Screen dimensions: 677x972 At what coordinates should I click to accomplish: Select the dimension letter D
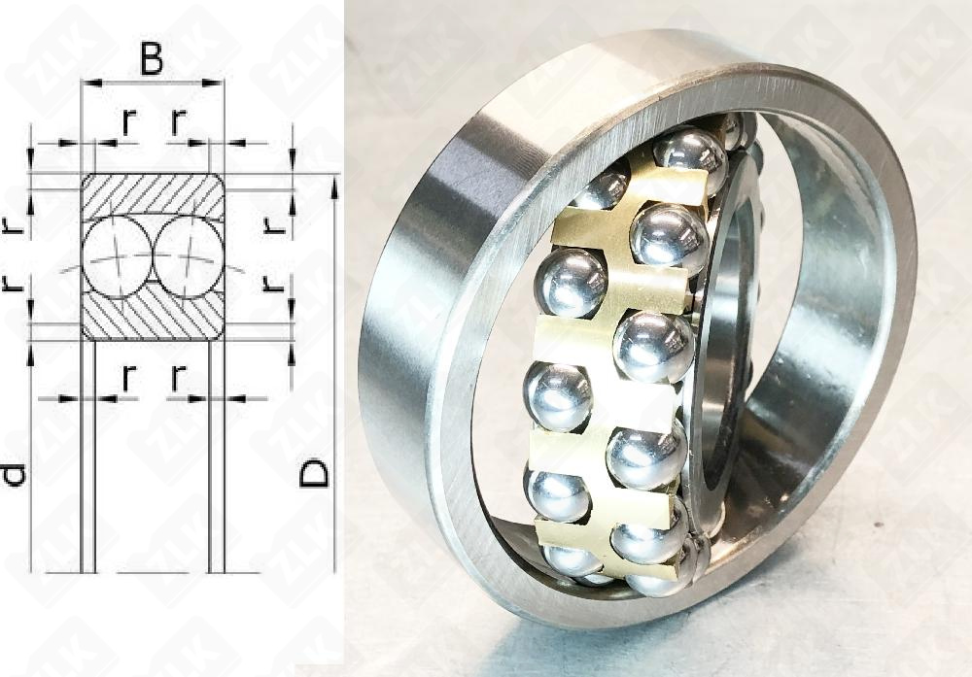point(314,473)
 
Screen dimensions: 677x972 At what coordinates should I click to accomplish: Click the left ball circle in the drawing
point(116,256)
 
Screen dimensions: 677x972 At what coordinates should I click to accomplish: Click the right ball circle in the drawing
point(187,256)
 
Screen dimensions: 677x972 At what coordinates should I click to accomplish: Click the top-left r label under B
point(127,120)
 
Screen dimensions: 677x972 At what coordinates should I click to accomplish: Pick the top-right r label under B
point(177,120)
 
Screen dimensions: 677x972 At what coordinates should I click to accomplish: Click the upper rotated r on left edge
point(12,223)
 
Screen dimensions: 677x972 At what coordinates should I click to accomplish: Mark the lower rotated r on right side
point(275,284)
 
